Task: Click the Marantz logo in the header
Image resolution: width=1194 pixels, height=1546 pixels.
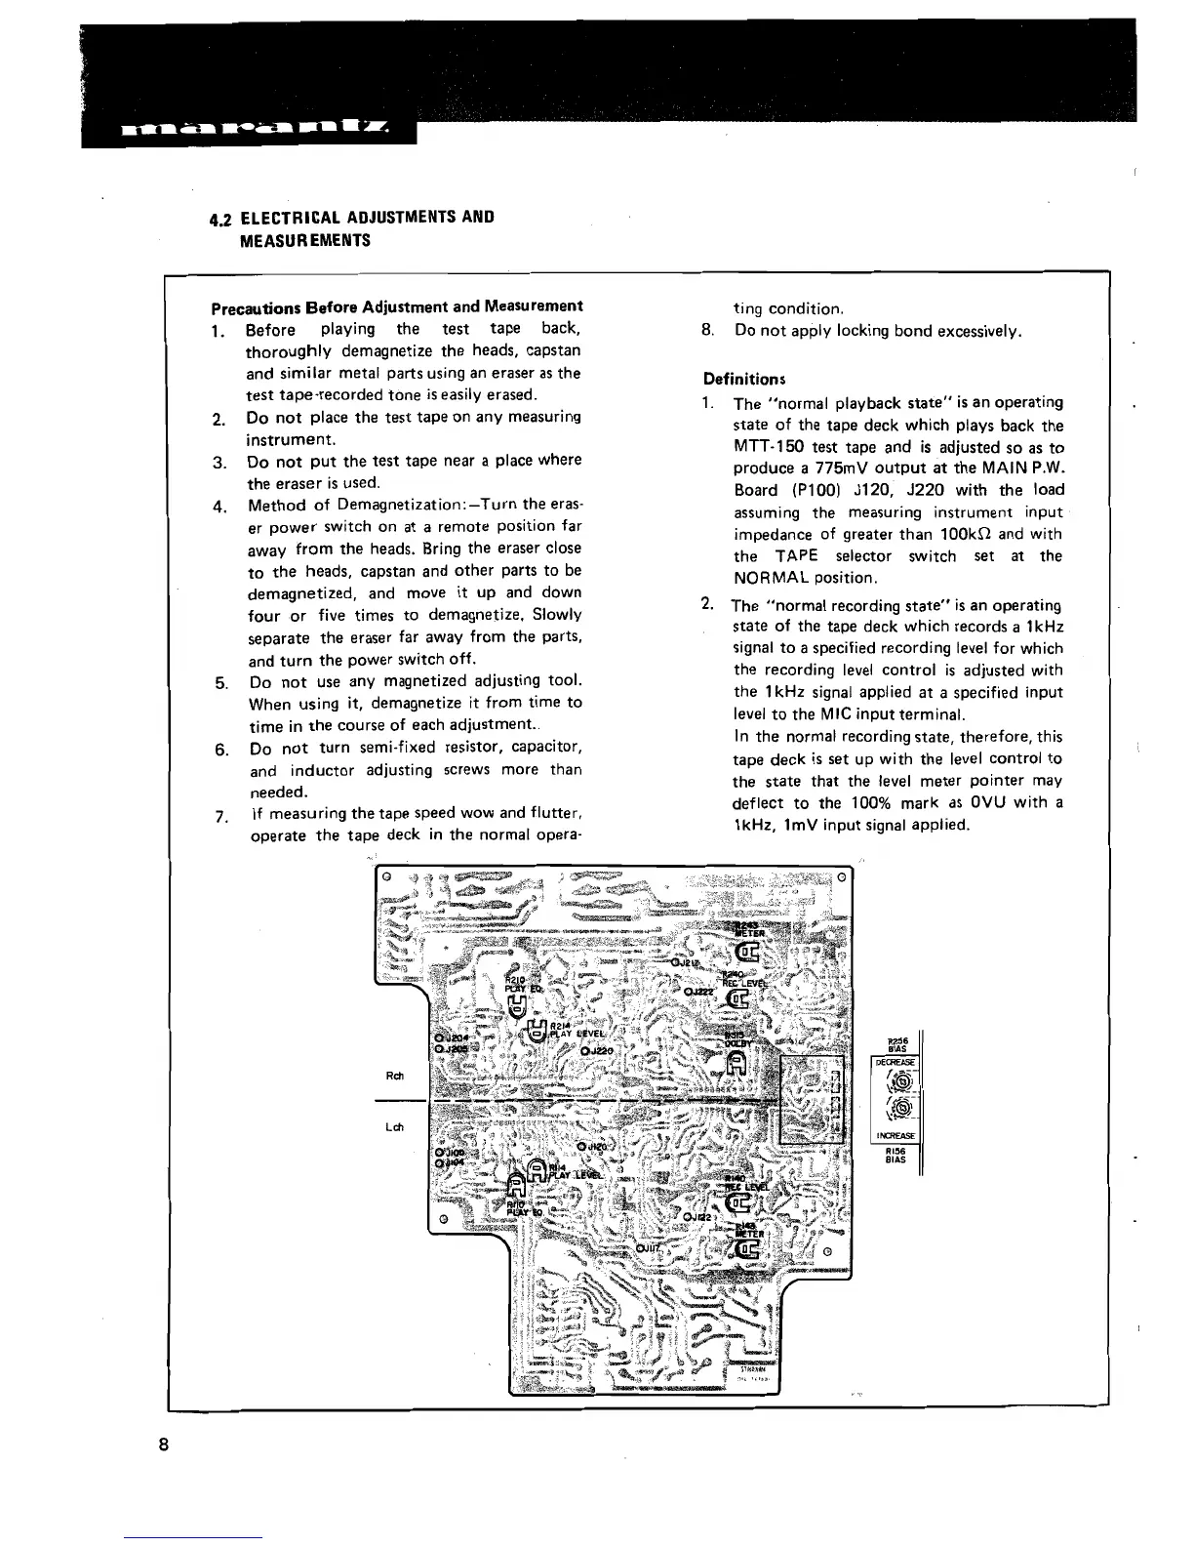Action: [x=249, y=129]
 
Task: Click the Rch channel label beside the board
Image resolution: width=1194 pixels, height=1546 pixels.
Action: [x=396, y=1076]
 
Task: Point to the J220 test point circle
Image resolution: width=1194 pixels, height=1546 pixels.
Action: [x=584, y=1051]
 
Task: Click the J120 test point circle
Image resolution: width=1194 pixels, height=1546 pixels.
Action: [x=582, y=1147]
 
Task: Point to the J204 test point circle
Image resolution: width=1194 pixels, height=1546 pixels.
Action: [x=440, y=1037]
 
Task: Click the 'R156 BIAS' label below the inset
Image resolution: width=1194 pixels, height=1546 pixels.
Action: [x=895, y=1155]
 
